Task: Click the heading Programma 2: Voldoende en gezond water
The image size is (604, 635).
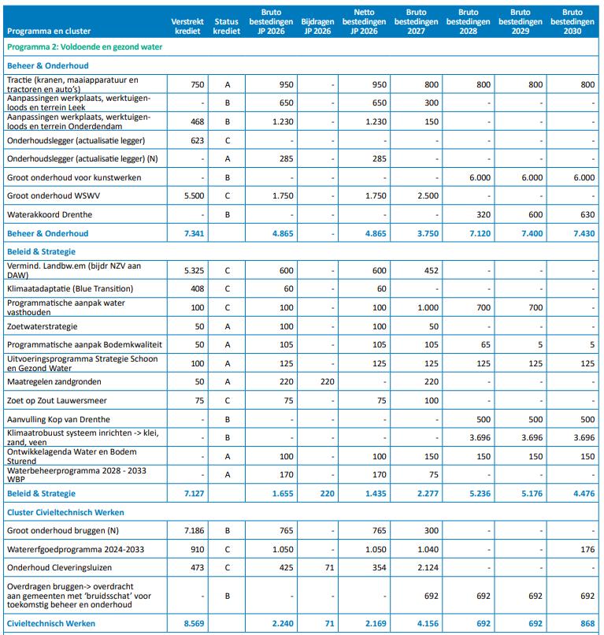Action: [x=84, y=47]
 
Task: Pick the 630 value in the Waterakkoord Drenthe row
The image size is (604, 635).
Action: [x=585, y=214]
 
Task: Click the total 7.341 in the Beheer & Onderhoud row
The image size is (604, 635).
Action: [x=192, y=233]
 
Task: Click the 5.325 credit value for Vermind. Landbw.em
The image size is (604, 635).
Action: [x=194, y=270]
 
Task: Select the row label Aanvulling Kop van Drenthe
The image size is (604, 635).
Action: [x=58, y=419]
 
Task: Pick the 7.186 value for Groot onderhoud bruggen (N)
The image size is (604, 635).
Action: [x=194, y=531]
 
